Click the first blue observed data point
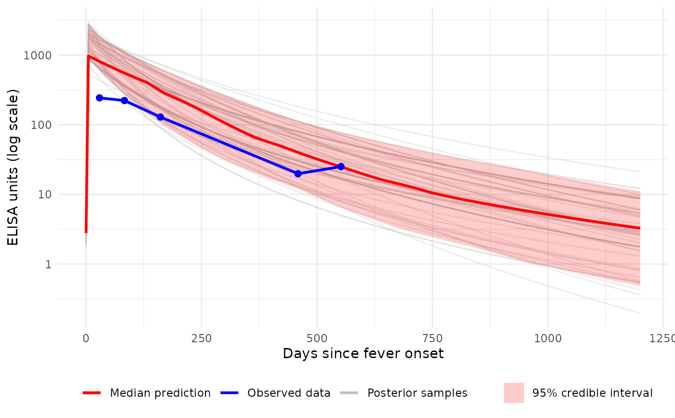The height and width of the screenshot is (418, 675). point(99,98)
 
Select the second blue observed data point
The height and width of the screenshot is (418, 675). point(124,100)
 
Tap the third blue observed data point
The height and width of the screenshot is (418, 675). point(161,117)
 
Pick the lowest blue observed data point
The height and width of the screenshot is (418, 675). point(298,174)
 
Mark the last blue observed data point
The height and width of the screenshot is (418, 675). point(341,167)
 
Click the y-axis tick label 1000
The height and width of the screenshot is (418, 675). point(38,56)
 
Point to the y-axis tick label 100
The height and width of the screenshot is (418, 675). point(41,125)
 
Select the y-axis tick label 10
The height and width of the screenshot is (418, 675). point(44,195)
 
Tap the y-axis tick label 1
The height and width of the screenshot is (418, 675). point(48,264)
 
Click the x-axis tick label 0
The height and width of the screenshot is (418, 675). point(86,338)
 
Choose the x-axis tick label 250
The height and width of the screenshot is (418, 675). point(202,338)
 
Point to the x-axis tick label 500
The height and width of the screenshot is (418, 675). point(317,338)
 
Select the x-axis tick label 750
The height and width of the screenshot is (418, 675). point(432,338)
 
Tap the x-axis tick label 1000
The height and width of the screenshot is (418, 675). point(548,338)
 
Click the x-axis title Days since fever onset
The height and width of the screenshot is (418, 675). point(363,353)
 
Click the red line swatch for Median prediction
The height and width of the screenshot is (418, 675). point(92,393)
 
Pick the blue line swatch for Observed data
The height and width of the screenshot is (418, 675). point(229,393)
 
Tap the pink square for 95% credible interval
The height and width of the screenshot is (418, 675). point(514,393)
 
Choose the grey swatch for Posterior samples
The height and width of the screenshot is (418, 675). point(349,393)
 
